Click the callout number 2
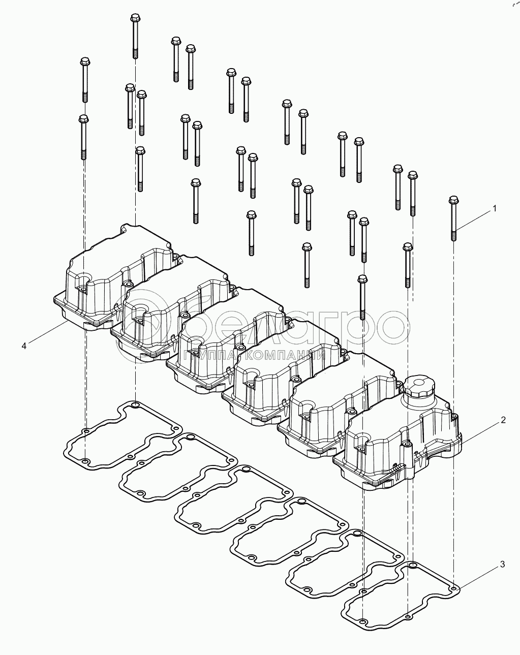tap(503, 420)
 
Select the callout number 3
tap(502, 565)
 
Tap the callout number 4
tap(24, 346)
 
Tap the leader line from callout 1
tap(473, 221)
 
